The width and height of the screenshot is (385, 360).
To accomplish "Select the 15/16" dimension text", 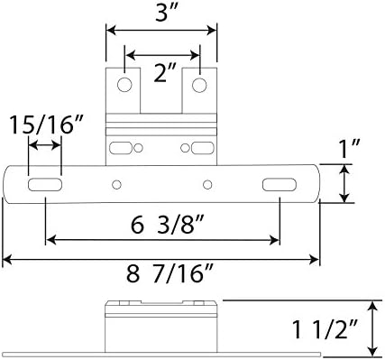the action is (x=46, y=125).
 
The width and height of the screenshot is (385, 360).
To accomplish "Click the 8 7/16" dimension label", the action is (x=170, y=273).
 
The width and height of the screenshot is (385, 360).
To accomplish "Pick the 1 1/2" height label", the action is (x=325, y=329).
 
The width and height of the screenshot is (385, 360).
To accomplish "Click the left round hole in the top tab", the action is (x=124, y=85).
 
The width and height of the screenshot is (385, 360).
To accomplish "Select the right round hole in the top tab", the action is (x=199, y=85).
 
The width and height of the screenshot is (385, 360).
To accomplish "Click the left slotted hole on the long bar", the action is (x=45, y=184).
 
